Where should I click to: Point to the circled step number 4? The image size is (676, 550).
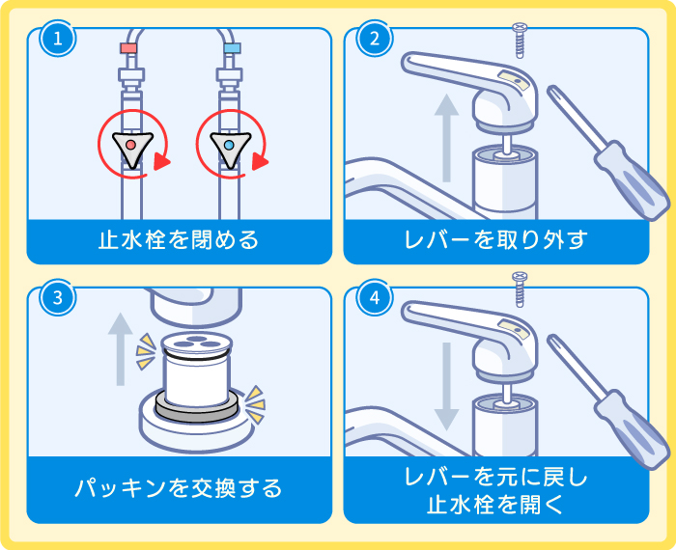[x=374, y=297]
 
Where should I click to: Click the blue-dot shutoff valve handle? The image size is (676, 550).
[x=231, y=146]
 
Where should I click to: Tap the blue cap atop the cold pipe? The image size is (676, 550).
[x=231, y=47]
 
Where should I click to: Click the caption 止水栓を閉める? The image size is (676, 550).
[x=179, y=240]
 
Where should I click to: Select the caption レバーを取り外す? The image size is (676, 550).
[x=495, y=240]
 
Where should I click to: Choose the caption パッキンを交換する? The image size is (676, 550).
[x=179, y=487]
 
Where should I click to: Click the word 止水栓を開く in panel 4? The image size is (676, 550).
[x=495, y=504]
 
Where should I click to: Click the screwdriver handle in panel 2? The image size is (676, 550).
[x=634, y=186]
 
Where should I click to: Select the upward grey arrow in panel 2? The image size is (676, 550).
[x=446, y=135]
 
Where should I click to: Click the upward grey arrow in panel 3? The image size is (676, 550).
[x=120, y=347]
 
